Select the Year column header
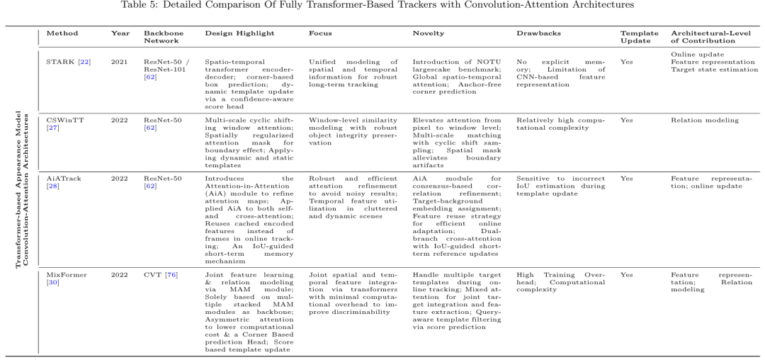click(x=120, y=33)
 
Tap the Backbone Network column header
click(x=159, y=37)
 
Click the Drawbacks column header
click(x=538, y=33)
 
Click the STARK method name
click(x=60, y=62)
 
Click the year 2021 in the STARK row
click(x=120, y=62)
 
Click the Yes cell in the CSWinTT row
click(x=627, y=120)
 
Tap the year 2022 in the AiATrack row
click(x=120, y=179)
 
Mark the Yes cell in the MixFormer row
click(x=627, y=274)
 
